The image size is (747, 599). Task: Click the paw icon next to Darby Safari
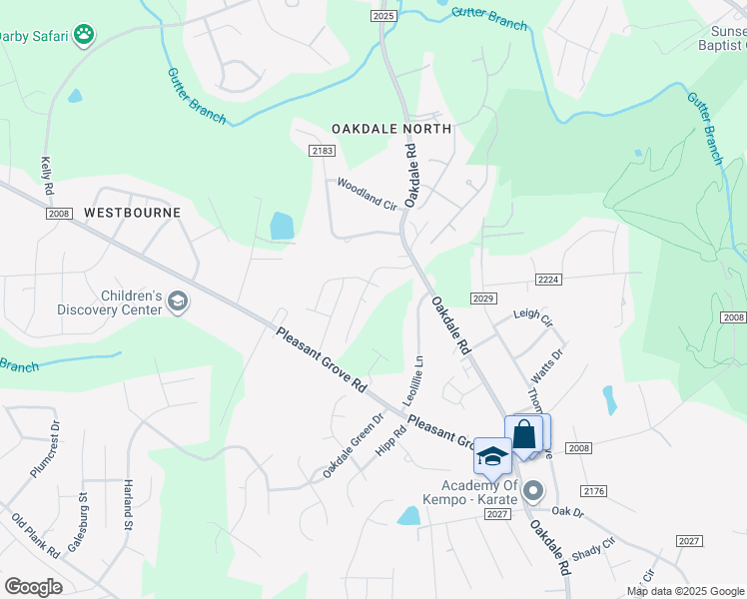point(86,35)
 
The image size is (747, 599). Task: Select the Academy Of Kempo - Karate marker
point(533,491)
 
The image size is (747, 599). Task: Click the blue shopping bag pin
point(524,436)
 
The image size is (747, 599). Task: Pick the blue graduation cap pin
point(492,456)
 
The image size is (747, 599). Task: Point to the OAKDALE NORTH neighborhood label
point(392,129)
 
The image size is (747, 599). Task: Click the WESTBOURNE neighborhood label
point(132,213)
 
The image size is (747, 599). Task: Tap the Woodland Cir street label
point(367,192)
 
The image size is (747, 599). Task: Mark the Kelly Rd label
point(46,175)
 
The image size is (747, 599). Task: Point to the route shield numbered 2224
point(545,281)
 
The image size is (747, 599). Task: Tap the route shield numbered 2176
point(594,490)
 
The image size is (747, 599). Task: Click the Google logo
point(33,587)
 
